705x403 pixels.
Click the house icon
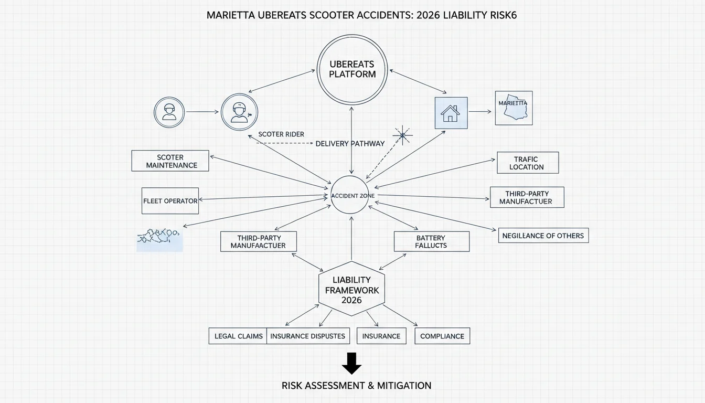click(x=450, y=113)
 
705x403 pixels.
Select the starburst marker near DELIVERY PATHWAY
click(x=402, y=136)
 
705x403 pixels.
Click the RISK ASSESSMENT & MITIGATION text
click(x=356, y=385)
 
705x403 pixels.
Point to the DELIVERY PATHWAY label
click(x=350, y=144)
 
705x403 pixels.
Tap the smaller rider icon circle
click(x=169, y=97)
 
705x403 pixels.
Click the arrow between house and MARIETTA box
click(x=480, y=111)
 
